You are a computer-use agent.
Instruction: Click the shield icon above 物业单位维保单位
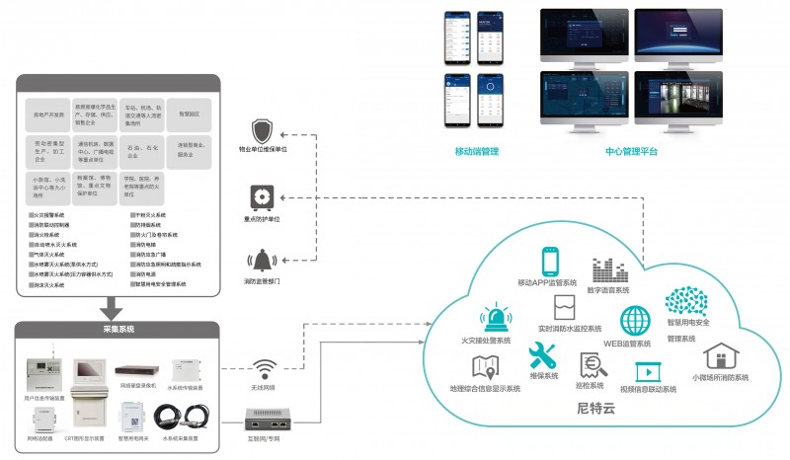tap(263, 131)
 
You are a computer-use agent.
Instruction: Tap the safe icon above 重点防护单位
tap(263, 195)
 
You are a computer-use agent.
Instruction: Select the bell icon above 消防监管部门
tap(263, 261)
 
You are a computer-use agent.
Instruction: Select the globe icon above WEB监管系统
tap(634, 322)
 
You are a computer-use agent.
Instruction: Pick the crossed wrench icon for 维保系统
tap(543, 356)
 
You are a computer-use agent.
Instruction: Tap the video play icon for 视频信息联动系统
tap(648, 371)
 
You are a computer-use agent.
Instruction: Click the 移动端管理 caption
tap(477, 152)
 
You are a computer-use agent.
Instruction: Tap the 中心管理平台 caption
tap(631, 152)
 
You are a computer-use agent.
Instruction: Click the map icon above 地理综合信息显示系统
tap(485, 367)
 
